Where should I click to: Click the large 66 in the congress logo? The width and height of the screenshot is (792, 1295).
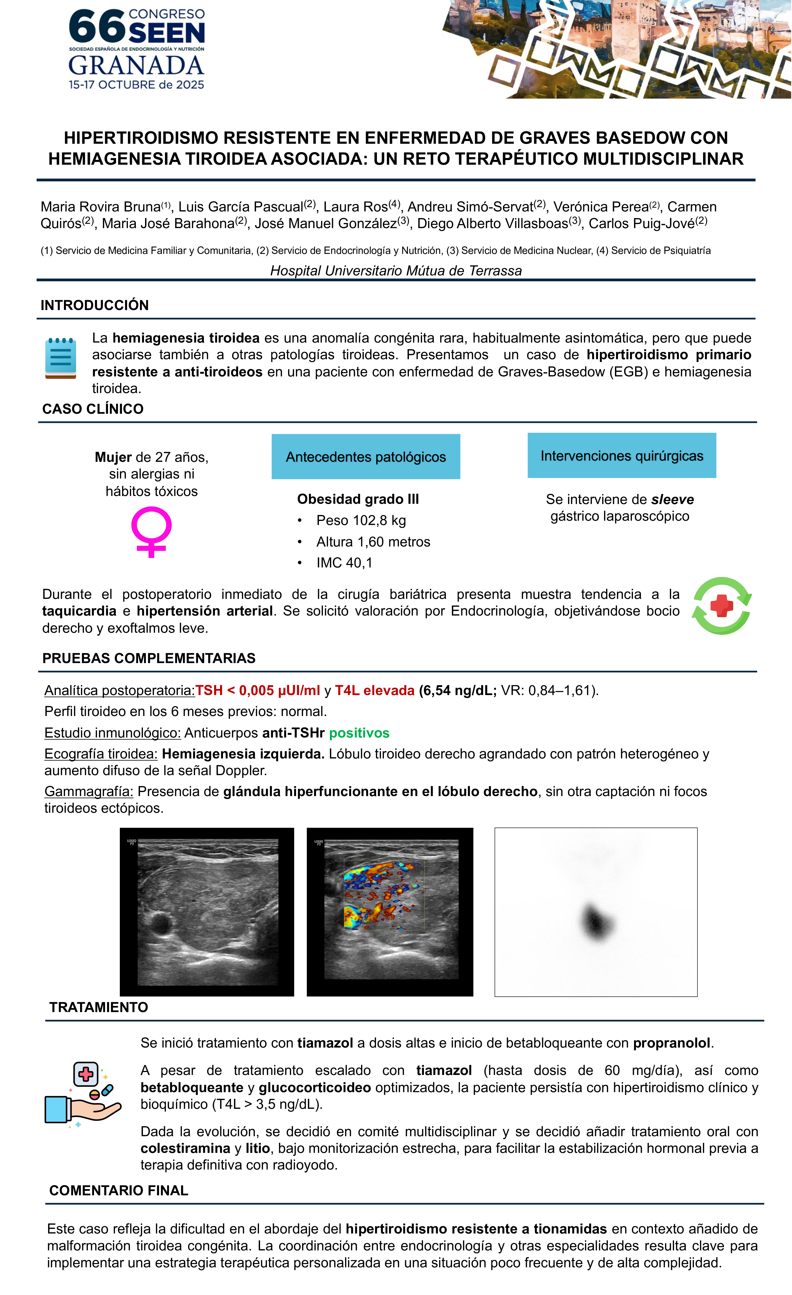pyautogui.click(x=97, y=27)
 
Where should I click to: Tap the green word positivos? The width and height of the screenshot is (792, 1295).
pyautogui.click(x=359, y=733)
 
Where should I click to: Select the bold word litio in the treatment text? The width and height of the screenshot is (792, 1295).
pyautogui.click(x=258, y=1148)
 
